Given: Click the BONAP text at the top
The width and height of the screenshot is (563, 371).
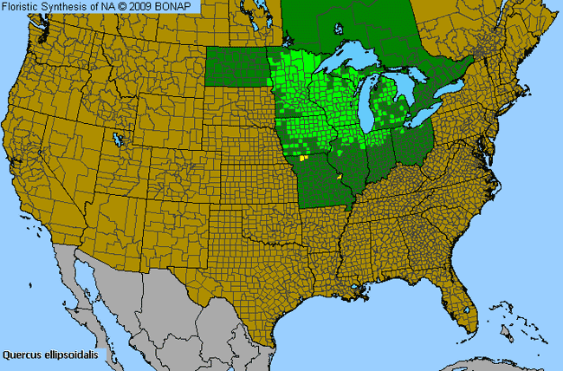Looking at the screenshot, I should [178, 7].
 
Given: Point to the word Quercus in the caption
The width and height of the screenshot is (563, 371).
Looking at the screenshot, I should [22, 355].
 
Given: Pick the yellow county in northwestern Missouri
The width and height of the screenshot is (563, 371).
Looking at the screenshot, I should [302, 159].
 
